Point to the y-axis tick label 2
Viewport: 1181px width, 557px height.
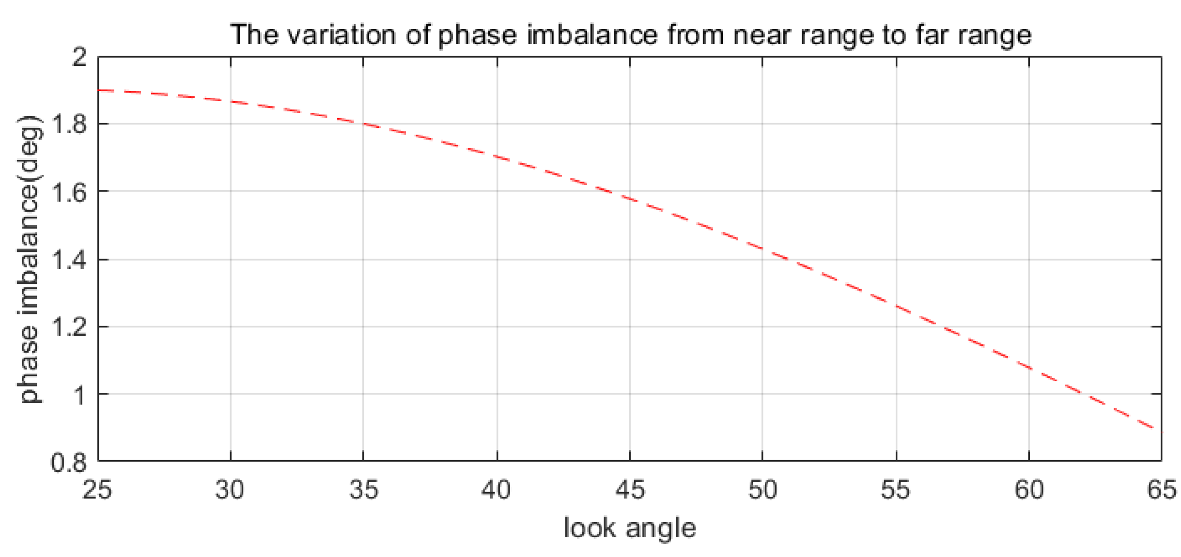[x=79, y=57]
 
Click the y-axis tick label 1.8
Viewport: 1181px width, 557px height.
[x=69, y=124]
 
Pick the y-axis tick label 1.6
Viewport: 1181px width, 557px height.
[x=69, y=192]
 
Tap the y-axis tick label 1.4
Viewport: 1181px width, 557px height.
[x=69, y=260]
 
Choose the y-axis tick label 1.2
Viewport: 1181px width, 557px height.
[x=69, y=327]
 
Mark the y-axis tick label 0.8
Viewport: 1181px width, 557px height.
[x=69, y=462]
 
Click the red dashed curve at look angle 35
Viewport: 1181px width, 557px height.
[x=363, y=124]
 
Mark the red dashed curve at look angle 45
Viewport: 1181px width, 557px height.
[x=629, y=198]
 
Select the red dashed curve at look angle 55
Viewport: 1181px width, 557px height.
[x=896, y=306]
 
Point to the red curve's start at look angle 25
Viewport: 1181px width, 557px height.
[x=99, y=90]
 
